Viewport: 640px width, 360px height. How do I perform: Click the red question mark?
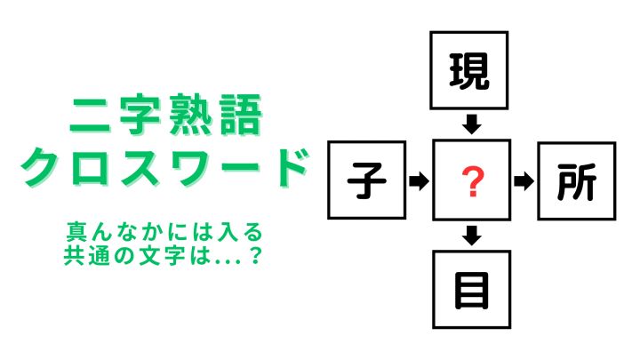pos(473,181)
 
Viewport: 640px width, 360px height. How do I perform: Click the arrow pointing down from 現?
pos(472,124)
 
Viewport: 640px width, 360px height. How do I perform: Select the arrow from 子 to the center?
pos(419,180)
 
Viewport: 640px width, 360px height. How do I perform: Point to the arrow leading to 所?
pos(524,180)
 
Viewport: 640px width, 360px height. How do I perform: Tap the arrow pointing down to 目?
pos(472,236)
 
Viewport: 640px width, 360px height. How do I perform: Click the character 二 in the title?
pos(90,115)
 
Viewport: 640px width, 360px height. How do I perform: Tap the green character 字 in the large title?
pos(140,115)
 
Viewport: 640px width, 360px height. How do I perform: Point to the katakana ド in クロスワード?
pos(289,167)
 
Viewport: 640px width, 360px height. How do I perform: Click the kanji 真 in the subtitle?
pos(76,231)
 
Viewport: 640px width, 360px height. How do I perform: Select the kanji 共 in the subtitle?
pos(75,255)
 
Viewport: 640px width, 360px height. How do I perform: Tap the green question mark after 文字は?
pos(255,255)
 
